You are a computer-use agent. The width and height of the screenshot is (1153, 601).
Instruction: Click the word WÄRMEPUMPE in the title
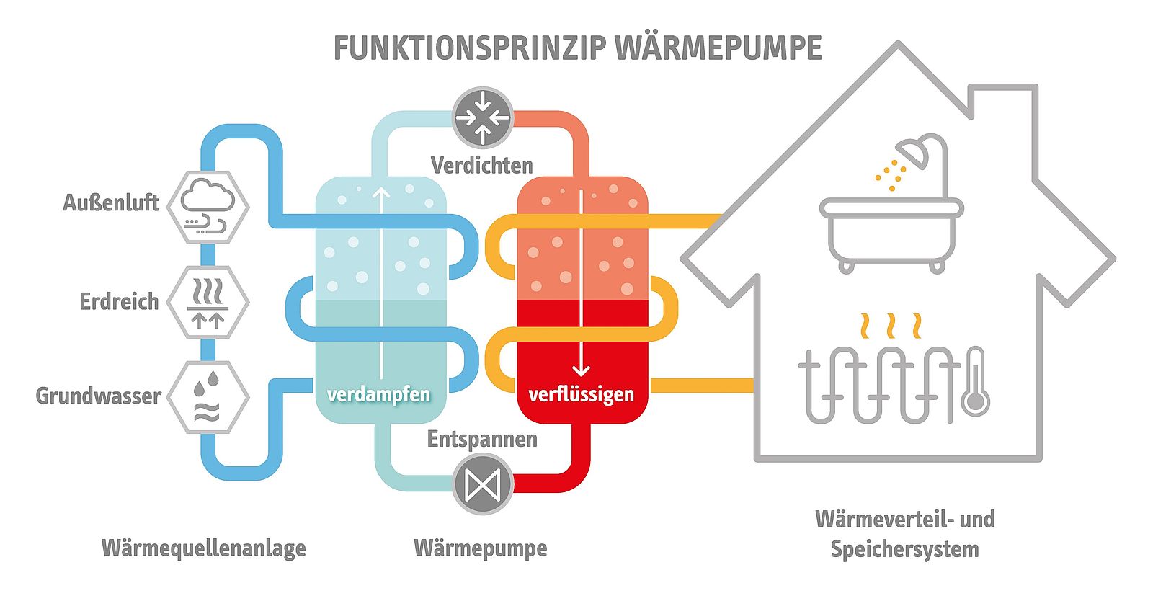point(719,48)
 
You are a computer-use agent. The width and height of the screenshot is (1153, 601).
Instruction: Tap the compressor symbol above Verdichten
point(483,117)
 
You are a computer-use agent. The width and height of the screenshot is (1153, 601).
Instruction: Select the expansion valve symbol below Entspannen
point(483,484)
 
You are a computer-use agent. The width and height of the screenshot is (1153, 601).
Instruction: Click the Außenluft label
point(111,202)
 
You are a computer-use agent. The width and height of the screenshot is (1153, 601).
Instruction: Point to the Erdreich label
point(119,301)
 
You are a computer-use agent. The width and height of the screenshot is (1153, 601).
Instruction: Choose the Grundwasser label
point(99,396)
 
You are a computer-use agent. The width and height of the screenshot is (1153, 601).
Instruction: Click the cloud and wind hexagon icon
point(208,207)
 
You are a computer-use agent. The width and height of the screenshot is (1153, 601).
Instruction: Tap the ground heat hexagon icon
point(208,303)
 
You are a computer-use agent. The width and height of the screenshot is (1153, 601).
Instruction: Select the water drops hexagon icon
point(208,397)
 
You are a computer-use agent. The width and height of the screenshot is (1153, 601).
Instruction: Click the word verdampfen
point(378,394)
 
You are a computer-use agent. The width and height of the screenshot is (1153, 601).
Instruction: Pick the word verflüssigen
point(582,394)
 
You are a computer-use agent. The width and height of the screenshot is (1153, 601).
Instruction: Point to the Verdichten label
point(482,166)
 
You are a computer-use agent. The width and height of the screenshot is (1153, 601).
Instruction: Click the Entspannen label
point(482,439)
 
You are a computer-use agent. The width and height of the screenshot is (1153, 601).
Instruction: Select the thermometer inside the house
point(976,382)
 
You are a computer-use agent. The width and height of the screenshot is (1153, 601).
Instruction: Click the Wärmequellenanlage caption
point(204,548)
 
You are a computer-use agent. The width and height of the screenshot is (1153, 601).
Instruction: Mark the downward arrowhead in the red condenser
point(582,370)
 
